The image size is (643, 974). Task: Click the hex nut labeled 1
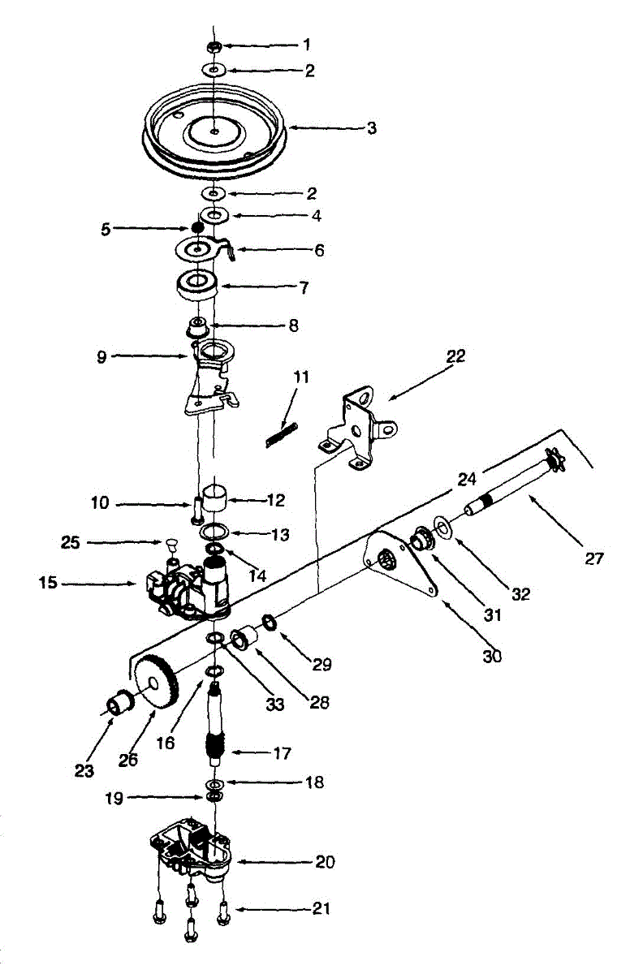[214, 46]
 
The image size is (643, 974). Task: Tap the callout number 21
[321, 909]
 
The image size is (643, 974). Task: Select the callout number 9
[101, 356]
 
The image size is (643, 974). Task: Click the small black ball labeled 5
[196, 228]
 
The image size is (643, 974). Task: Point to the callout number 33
[275, 705]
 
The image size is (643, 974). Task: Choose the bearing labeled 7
[196, 284]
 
